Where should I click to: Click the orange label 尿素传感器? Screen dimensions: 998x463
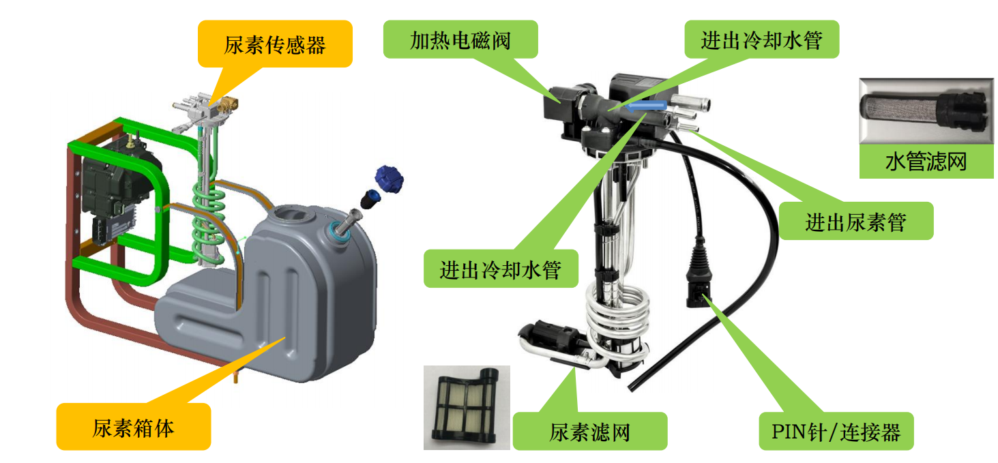tap(275, 44)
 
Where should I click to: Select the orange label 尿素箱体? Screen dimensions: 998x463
tap(134, 427)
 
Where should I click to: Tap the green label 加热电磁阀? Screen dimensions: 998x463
tap(460, 39)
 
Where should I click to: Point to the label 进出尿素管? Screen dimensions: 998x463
tap(856, 221)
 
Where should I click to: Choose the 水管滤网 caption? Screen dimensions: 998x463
tap(926, 161)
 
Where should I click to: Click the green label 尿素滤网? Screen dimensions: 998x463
tap(590, 431)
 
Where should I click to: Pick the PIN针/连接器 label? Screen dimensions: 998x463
tap(836, 431)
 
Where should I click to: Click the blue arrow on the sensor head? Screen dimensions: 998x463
tap(645, 106)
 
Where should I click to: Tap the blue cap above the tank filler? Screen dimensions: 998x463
tap(389, 179)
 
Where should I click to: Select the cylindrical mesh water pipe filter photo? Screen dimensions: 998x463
tap(926, 111)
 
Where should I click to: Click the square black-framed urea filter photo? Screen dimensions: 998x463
tap(467, 407)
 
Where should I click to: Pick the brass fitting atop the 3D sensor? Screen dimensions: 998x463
tap(228, 105)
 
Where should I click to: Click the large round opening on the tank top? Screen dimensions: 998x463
tap(292, 215)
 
